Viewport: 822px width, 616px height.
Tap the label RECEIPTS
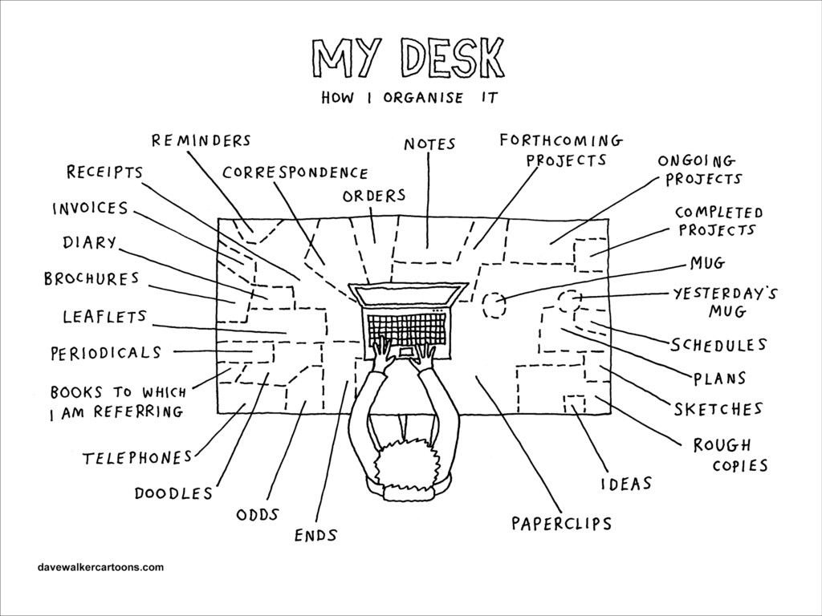pyautogui.click(x=104, y=172)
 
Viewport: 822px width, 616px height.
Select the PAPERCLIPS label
pyautogui.click(x=561, y=524)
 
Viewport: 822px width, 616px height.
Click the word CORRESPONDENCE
pyautogui.click(x=295, y=172)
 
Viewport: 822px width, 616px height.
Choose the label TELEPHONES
pyautogui.click(x=137, y=458)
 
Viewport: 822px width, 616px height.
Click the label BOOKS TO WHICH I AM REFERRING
pyautogui.click(x=117, y=402)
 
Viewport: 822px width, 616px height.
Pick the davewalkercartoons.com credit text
pyautogui.click(x=100, y=567)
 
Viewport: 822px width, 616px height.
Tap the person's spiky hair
pyautogui.click(x=406, y=465)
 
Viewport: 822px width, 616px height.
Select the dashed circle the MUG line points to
pyautogui.click(x=494, y=305)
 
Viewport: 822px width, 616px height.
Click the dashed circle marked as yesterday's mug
pyautogui.click(x=569, y=302)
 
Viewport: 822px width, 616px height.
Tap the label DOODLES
pyautogui.click(x=173, y=492)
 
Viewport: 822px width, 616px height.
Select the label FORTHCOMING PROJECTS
pyautogui.click(x=561, y=150)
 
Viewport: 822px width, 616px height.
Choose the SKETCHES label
pyautogui.click(x=718, y=410)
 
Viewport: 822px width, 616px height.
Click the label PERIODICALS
pyautogui.click(x=106, y=352)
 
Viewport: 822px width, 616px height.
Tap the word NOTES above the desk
pyautogui.click(x=429, y=144)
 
